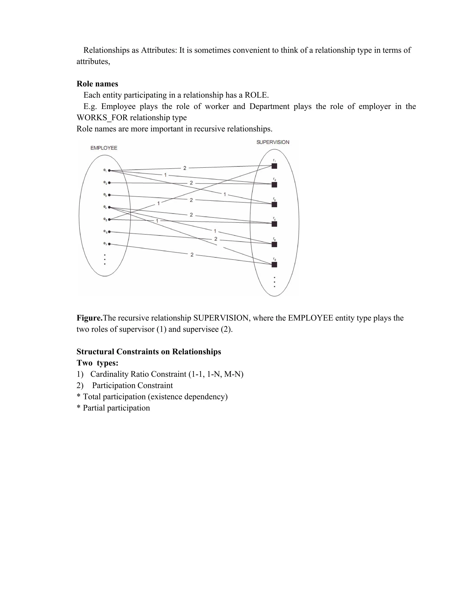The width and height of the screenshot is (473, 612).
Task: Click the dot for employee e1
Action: [x=109, y=170]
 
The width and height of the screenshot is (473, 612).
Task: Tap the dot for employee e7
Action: [x=109, y=244]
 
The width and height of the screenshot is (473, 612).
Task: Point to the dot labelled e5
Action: [x=109, y=220]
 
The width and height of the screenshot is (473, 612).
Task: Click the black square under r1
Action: [x=274, y=166]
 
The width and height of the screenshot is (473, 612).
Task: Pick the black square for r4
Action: [x=274, y=224]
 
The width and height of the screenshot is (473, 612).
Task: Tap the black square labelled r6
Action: [x=274, y=264]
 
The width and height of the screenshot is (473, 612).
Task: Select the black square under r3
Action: [x=274, y=205]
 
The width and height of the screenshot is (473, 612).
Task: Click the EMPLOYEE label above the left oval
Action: [x=104, y=148]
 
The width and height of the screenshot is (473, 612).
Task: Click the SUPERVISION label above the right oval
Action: [x=273, y=142]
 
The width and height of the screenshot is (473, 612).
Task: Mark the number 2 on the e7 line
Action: [x=192, y=255]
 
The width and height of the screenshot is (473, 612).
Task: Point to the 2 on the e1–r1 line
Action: [x=185, y=168]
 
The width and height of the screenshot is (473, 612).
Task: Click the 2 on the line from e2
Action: [x=191, y=183]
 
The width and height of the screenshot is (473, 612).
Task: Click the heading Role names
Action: [x=97, y=84]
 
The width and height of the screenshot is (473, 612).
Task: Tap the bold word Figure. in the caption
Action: [x=90, y=318]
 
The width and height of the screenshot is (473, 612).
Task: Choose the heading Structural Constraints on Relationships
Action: [x=149, y=352]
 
